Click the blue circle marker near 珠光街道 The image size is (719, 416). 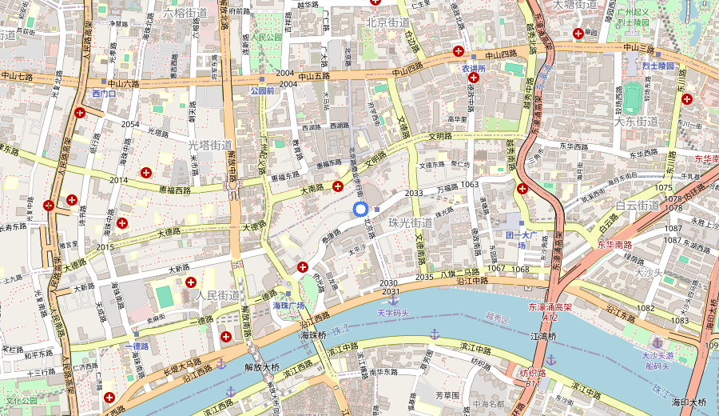coord(360,210)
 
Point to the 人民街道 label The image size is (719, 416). coord(218,295)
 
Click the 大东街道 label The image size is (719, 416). coord(635,122)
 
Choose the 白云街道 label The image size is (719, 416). coord(638,206)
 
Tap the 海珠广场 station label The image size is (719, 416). coord(289,306)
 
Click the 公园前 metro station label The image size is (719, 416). coord(261,91)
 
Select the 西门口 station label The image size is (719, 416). coord(105,94)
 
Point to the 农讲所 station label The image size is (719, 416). coord(474,69)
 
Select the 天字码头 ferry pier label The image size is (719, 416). coord(393,313)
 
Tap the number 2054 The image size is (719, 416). coord(130,124)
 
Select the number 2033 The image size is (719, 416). coord(414,194)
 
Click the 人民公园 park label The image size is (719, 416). coord(265,37)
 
